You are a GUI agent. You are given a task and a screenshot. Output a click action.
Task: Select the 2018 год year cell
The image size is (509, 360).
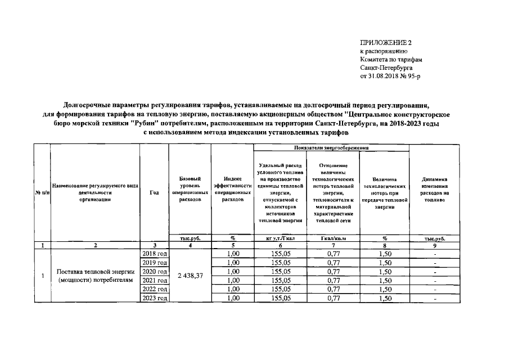[x=155, y=254]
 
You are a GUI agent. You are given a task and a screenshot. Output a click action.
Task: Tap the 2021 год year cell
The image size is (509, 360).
[x=155, y=280]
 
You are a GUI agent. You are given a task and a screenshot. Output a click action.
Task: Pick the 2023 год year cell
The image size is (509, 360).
[x=155, y=298]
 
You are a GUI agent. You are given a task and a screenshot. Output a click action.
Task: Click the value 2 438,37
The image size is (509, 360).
[x=190, y=276]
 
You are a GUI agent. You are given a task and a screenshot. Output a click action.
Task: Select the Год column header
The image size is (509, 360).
[x=155, y=192]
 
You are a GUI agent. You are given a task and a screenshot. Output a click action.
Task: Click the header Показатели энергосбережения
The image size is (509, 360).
[x=331, y=147]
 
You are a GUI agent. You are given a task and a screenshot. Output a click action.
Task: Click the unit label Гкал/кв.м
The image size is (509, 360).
[x=331, y=238]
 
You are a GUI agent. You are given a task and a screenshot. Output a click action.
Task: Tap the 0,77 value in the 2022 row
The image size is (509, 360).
[x=331, y=289]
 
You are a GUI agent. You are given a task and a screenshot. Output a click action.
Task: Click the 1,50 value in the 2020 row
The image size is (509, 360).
[x=385, y=271]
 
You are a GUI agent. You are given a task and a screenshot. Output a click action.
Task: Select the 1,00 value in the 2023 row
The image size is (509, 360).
[x=232, y=298]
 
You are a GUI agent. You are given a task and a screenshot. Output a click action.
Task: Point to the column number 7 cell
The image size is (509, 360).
[x=331, y=245]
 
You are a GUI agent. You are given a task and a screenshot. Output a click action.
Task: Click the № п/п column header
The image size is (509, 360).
[x=42, y=192]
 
